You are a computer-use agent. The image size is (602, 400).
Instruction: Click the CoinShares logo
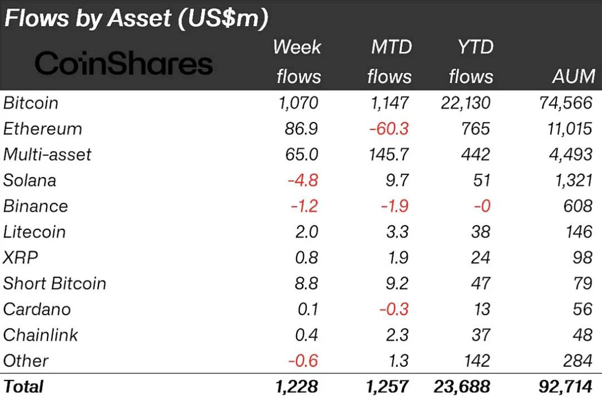click(124, 63)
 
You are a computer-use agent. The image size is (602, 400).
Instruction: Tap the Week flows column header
click(298, 62)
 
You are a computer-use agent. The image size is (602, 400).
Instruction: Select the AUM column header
click(573, 76)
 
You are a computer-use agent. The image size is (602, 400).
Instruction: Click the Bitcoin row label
click(31, 103)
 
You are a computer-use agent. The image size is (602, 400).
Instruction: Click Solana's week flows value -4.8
click(303, 181)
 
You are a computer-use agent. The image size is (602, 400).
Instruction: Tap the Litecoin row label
click(34, 232)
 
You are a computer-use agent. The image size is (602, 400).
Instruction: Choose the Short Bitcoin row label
click(55, 283)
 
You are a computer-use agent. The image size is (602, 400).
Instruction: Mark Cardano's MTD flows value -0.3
click(393, 309)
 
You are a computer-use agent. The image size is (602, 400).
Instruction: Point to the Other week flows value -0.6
click(303, 361)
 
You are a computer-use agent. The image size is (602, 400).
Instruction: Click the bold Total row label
click(23, 386)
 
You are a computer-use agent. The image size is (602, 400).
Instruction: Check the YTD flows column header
click(471, 62)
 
